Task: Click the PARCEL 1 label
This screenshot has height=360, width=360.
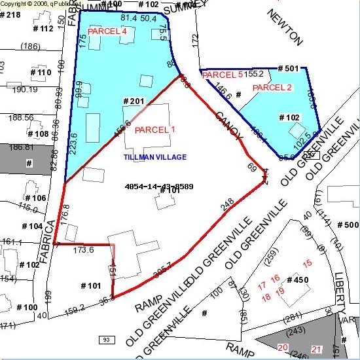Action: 155,130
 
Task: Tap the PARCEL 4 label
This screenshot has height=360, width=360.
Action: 107,31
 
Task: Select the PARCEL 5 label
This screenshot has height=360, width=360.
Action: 223,75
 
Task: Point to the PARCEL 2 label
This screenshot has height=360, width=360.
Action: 272,88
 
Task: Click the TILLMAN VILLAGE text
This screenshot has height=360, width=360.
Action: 155,157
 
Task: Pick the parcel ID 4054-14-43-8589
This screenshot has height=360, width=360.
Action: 159,187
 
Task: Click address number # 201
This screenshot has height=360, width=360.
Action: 134,101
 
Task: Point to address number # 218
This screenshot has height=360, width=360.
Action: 10,14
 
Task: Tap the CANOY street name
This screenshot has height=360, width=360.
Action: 229,124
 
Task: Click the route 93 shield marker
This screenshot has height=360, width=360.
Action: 105,340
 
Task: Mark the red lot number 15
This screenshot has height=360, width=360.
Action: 308,263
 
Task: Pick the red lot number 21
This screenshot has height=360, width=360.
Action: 317,348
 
